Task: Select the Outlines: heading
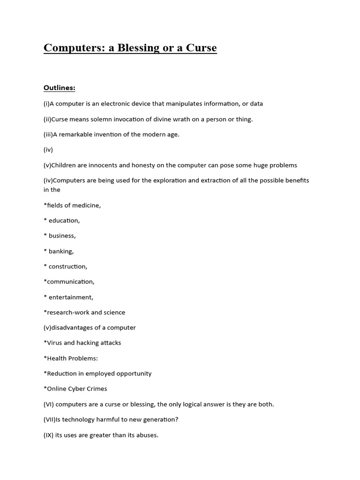(x=60, y=88)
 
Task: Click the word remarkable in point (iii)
(x=77, y=135)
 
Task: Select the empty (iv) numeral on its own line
(x=48, y=150)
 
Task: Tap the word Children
(x=66, y=165)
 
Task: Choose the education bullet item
(x=64, y=220)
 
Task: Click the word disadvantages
(x=73, y=328)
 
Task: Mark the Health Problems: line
(x=71, y=358)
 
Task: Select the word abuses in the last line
(x=146, y=435)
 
